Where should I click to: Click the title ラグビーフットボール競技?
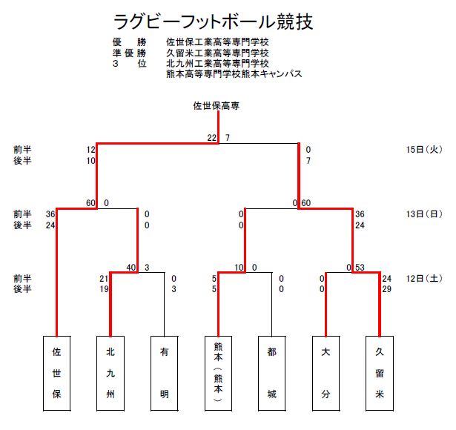point(214,21)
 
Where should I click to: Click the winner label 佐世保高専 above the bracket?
point(216,105)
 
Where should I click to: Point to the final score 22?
point(212,138)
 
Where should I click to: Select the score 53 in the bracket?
point(360,267)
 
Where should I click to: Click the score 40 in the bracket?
point(131,267)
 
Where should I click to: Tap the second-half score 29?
point(386,289)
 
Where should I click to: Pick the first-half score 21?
point(104,279)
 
